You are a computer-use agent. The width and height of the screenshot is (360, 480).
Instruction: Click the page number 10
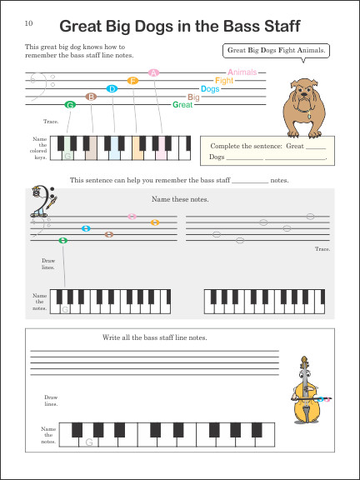(x=29, y=22)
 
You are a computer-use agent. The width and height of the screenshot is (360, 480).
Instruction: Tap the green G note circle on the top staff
(x=70, y=104)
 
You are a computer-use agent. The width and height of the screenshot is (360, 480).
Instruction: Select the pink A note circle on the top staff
(x=153, y=72)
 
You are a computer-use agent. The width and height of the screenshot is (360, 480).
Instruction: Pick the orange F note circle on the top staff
(x=132, y=81)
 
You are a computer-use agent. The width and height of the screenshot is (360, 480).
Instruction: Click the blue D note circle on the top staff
(x=112, y=88)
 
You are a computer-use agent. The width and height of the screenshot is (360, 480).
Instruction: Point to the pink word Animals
(x=242, y=72)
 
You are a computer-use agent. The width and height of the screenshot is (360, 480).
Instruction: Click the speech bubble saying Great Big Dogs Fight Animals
(x=277, y=51)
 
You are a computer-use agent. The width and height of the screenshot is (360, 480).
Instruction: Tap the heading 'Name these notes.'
(x=179, y=199)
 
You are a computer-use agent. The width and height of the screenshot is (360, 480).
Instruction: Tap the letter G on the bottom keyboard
(x=87, y=442)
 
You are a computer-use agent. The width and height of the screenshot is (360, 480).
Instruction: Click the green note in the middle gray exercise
(x=63, y=241)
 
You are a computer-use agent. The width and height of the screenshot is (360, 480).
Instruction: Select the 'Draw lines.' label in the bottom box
(x=51, y=401)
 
